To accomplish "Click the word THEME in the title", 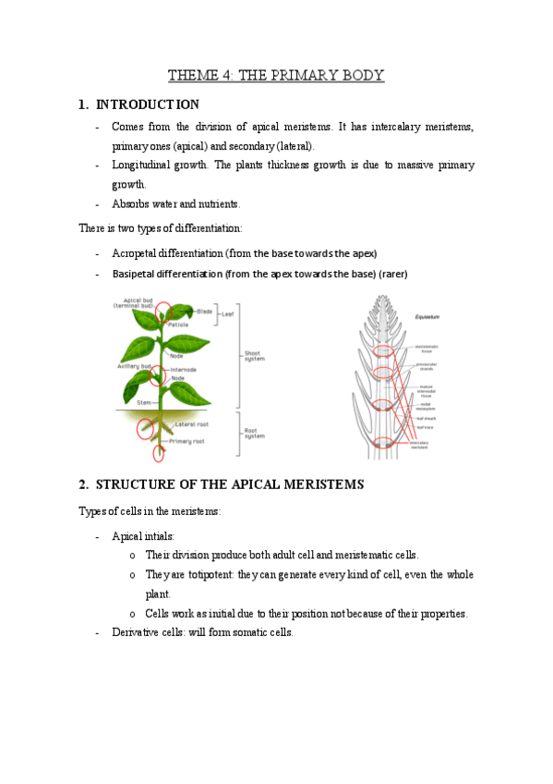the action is (x=190, y=75).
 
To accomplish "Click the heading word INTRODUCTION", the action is (x=147, y=104).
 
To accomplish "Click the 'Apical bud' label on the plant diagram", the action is (x=138, y=302).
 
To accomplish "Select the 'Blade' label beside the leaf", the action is (x=204, y=312).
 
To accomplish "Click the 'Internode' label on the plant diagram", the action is (x=182, y=369).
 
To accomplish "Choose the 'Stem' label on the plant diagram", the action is (x=144, y=403).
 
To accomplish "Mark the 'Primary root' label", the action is (x=188, y=442).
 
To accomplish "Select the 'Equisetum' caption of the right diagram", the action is (x=426, y=316).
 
